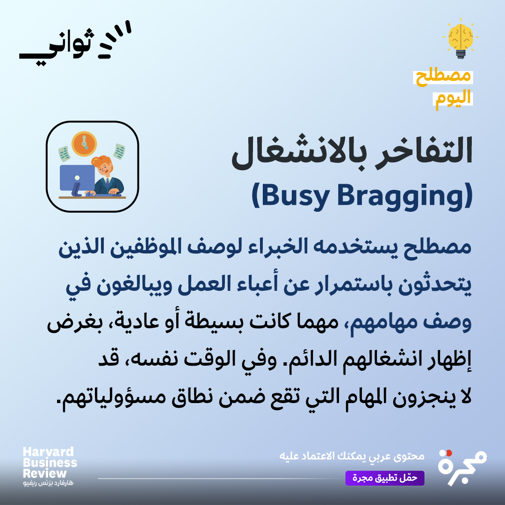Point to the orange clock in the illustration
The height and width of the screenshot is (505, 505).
(84, 143)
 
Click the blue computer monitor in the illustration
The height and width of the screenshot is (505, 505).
(77, 178)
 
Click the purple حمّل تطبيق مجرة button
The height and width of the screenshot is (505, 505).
(385, 478)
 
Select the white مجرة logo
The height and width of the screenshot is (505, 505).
(462, 467)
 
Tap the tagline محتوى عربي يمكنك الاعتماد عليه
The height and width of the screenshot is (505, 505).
(351, 455)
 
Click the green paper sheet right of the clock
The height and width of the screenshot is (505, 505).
(119, 151)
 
